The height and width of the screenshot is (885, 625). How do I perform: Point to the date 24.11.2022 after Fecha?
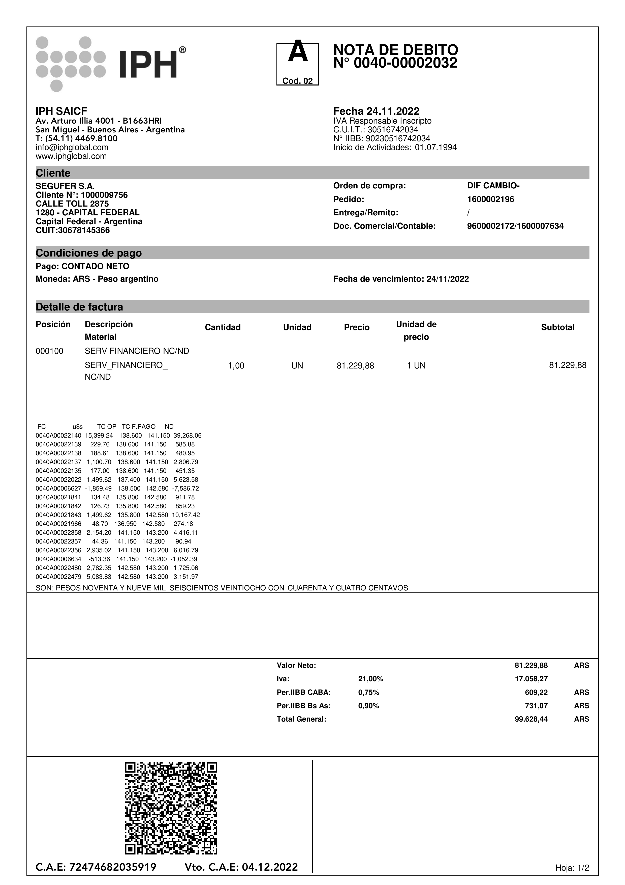[x=393, y=111]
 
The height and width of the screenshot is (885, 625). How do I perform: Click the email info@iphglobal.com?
[x=72, y=147]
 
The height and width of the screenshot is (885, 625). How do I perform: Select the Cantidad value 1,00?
[x=236, y=366]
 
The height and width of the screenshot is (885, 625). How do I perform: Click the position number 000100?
[x=49, y=351]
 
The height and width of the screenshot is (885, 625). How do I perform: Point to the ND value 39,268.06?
[x=187, y=436]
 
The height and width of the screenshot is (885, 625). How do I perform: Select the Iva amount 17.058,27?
[x=531, y=679]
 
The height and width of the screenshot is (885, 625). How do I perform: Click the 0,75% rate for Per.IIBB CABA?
[x=368, y=692]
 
